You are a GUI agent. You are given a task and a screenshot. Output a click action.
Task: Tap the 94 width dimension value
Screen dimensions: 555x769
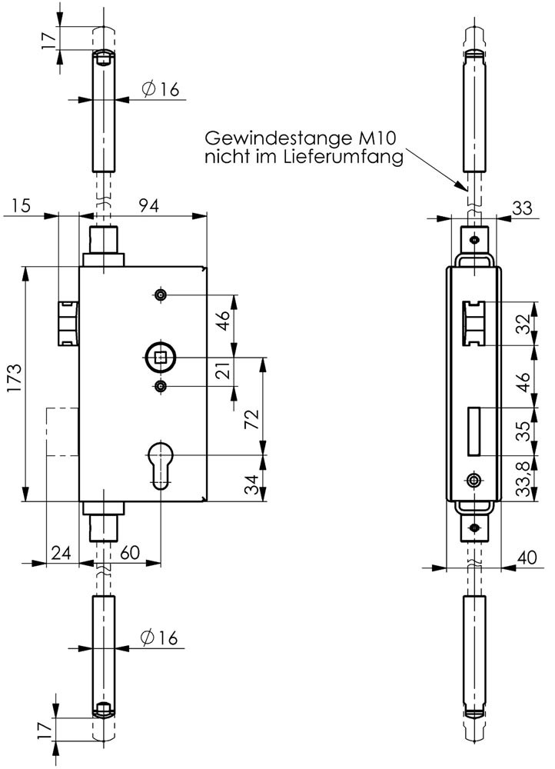[x=148, y=205]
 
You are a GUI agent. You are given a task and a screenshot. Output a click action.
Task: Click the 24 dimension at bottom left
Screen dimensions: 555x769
[x=61, y=553]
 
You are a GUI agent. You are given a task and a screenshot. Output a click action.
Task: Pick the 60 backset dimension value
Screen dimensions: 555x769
[x=129, y=553]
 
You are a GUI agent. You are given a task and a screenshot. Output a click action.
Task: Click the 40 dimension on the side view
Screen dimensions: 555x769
[x=527, y=557]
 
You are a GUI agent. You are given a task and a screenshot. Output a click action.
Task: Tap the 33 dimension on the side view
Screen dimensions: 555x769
[x=522, y=208]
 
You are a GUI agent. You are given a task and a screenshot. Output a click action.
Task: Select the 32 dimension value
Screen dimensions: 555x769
[x=524, y=324]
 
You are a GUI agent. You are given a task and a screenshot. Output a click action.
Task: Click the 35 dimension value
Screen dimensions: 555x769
[x=524, y=431]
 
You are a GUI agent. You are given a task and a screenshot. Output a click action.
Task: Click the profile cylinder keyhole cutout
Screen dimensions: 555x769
[x=161, y=465]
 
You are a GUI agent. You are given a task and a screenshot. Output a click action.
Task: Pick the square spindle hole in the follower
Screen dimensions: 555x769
[x=161, y=358]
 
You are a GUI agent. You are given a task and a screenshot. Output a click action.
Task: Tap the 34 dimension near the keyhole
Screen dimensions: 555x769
[x=251, y=484]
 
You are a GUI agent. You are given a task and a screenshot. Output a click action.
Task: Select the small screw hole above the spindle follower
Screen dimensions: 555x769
[x=161, y=295]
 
